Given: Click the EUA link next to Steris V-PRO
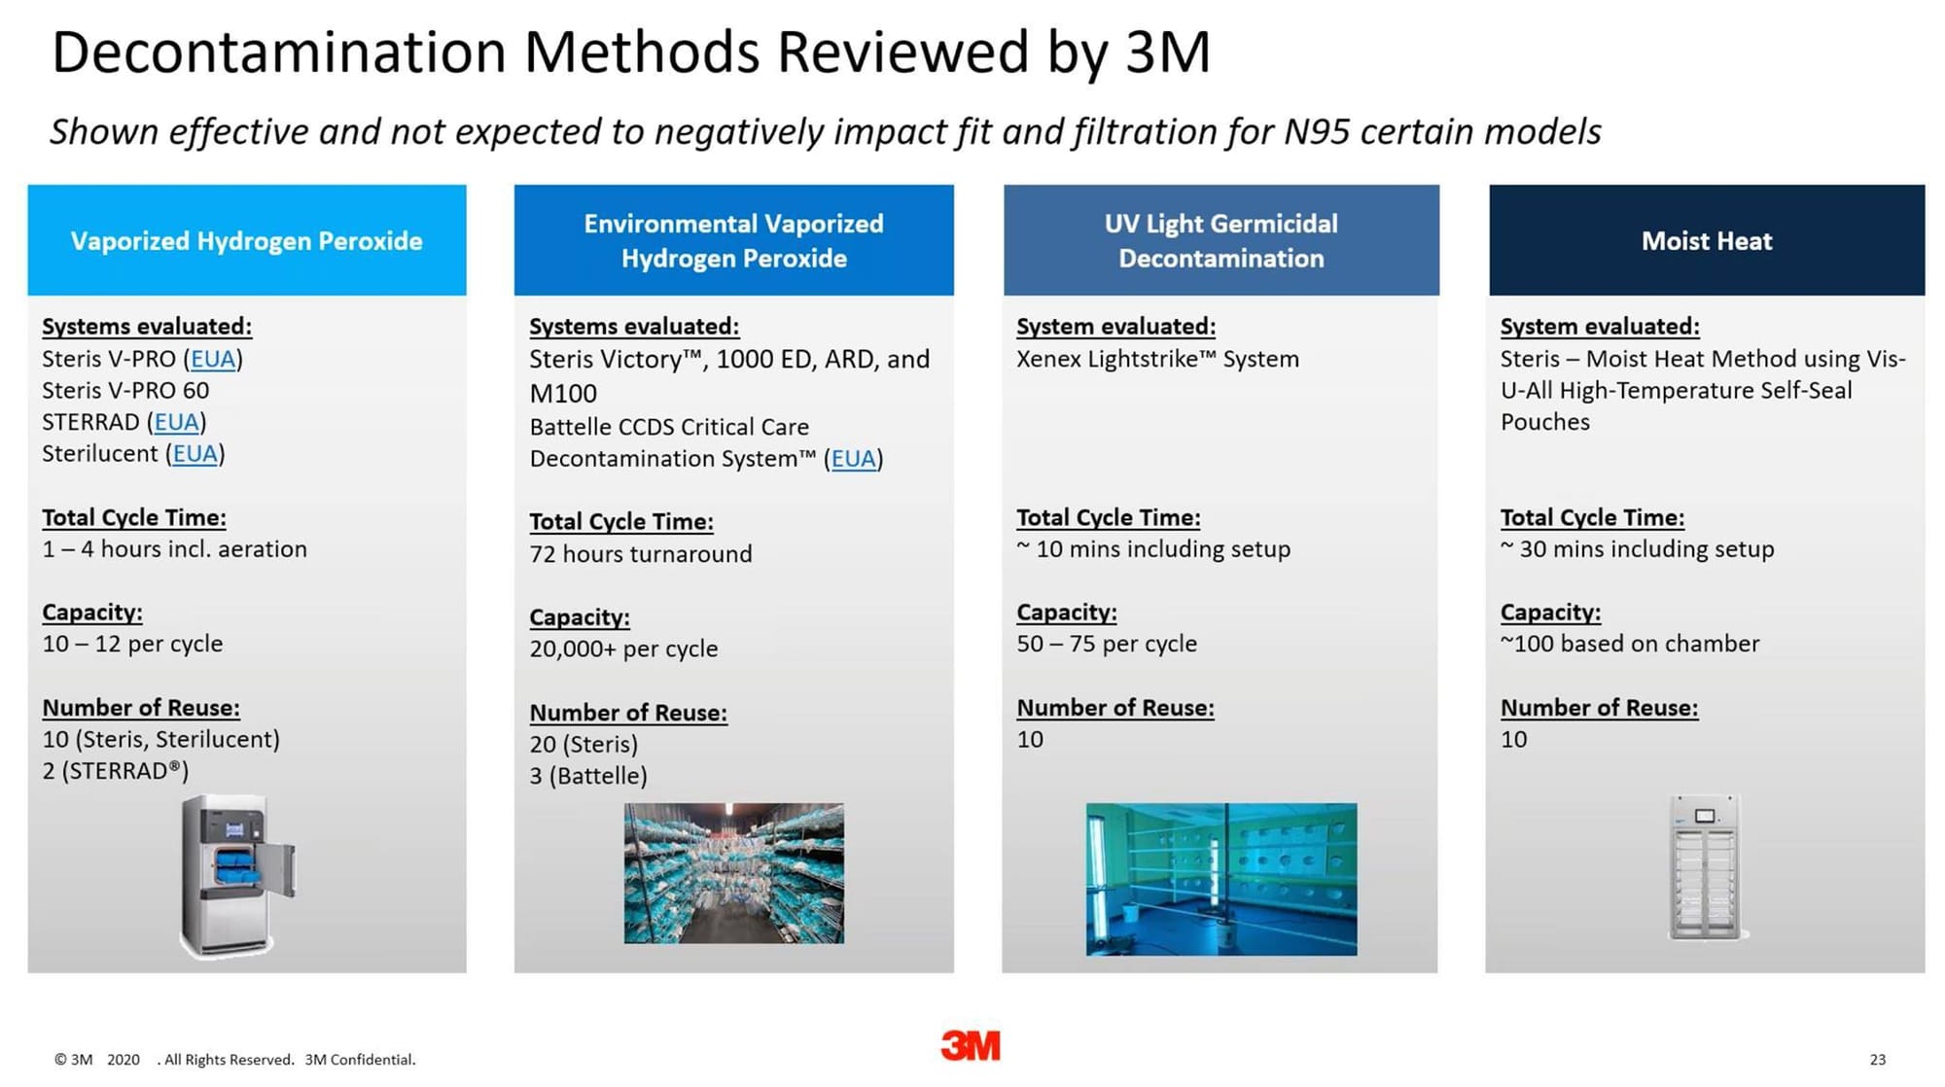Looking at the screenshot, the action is coord(213,359).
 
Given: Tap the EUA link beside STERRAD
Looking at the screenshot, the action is coord(177,422).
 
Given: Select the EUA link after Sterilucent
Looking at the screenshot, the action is coord(194,454).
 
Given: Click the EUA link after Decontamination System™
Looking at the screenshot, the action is coord(854,459).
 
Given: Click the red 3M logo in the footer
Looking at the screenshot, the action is coord(971,1045).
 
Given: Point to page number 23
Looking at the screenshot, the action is coord(1877,1059).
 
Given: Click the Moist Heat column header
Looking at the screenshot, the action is coord(1707,240).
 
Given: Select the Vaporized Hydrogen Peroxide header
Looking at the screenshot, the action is coord(247,240).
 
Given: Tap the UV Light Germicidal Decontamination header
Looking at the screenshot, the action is coord(1221,240).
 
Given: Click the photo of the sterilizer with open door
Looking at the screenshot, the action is coord(236,876).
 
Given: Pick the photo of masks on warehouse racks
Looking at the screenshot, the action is coord(734,873).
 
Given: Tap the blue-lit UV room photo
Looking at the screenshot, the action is coord(1221,879).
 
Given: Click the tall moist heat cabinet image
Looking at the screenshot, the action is coord(1707,867).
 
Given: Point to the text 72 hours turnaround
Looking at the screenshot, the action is coord(641,554).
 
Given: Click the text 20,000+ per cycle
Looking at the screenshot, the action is coord(623,649).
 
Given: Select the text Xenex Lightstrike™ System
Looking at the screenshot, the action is coord(1157,359).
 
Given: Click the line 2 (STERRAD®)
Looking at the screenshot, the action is coord(116,771).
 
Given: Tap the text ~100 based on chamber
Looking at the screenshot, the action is coord(1630,644).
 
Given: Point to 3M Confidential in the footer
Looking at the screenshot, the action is coord(360,1060).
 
